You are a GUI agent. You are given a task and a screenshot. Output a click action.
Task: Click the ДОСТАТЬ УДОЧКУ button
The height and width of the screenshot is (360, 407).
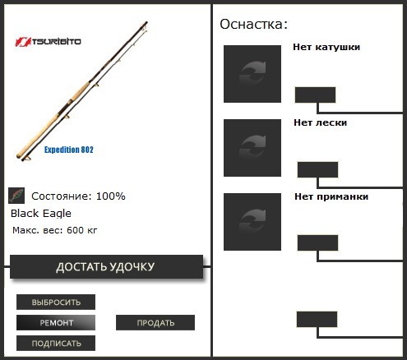pos(106,267)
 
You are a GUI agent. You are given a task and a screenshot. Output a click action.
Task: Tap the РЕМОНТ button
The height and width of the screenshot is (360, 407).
pos(56,323)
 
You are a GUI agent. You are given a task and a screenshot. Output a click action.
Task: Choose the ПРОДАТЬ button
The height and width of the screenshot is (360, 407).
pos(155,323)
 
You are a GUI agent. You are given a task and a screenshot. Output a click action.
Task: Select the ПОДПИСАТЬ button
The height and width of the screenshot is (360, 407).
pos(56,344)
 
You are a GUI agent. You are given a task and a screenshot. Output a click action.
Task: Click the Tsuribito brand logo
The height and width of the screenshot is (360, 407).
pos(48,42)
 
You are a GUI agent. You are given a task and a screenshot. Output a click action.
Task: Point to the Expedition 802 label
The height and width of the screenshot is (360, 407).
pos(69,150)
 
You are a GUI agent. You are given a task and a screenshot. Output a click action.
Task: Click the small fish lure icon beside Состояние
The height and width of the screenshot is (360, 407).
pos(16,196)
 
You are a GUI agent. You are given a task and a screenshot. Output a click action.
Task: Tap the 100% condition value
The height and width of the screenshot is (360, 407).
pos(110,196)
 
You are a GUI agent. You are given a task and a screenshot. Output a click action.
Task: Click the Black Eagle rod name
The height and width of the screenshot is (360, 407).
pos(41,214)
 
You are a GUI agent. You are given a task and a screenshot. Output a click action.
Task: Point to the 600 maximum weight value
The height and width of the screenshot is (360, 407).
pos(75,230)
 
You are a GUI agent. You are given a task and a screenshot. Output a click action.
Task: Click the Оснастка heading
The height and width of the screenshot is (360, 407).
pos(253,24)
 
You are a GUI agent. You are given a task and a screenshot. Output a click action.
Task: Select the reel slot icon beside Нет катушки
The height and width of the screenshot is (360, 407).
pos(252,74)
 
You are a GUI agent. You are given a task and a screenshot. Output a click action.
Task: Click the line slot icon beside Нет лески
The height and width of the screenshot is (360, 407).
pos(252,148)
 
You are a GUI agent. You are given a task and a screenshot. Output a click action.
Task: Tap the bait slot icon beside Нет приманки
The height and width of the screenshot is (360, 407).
pos(252,222)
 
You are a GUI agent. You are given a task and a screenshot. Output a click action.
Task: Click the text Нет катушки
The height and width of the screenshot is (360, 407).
pos(326,47)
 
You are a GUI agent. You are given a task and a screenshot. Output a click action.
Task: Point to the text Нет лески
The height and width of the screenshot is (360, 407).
pos(320,122)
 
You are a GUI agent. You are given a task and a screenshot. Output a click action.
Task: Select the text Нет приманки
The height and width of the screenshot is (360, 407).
pos(331,196)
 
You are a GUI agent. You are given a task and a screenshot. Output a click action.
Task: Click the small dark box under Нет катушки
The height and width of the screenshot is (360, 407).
pos(315,95)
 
